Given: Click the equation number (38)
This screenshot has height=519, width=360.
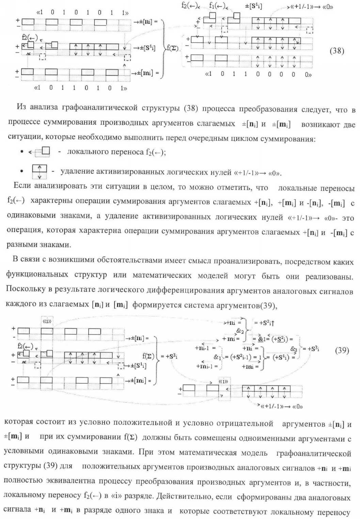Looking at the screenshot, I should point(337,51).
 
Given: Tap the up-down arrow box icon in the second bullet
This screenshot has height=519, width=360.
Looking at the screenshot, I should point(39,171).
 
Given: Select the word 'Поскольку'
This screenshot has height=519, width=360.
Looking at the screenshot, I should point(22,291).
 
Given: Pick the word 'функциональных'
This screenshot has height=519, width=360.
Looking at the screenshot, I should point(33,276).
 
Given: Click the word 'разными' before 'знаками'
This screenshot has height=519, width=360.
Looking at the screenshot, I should point(20,244).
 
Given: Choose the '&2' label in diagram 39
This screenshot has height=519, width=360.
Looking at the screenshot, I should point(240,331).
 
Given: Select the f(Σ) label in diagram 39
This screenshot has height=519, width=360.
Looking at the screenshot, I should point(148,357).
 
